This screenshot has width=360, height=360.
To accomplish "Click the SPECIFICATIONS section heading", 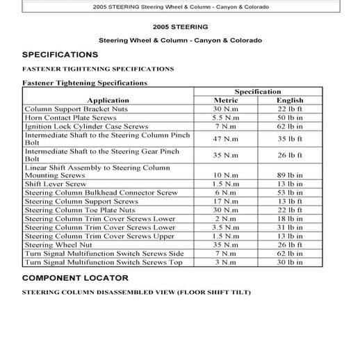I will (x=60, y=54).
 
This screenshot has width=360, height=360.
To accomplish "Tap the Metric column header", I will (x=226, y=101).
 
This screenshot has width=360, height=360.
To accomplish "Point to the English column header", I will (x=290, y=101).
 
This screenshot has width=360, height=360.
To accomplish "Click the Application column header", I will (x=108, y=101).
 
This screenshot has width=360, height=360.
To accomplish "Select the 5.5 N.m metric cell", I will (x=226, y=118).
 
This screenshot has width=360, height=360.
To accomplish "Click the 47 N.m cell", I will (x=226, y=139).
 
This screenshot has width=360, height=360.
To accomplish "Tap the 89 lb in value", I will (x=290, y=175).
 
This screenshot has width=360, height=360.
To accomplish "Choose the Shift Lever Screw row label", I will (x=56, y=184).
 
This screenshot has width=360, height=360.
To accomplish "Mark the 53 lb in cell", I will (x=290, y=193).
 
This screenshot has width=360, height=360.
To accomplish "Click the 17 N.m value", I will (x=226, y=202).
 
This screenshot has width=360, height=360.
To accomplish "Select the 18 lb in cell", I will (x=290, y=219).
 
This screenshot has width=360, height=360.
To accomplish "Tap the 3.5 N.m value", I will (x=226, y=227).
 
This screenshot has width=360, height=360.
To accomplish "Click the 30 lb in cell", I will (x=290, y=263).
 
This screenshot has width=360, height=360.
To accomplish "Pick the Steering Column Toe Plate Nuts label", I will (x=80, y=210).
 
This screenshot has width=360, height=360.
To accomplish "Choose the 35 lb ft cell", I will (x=290, y=139).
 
